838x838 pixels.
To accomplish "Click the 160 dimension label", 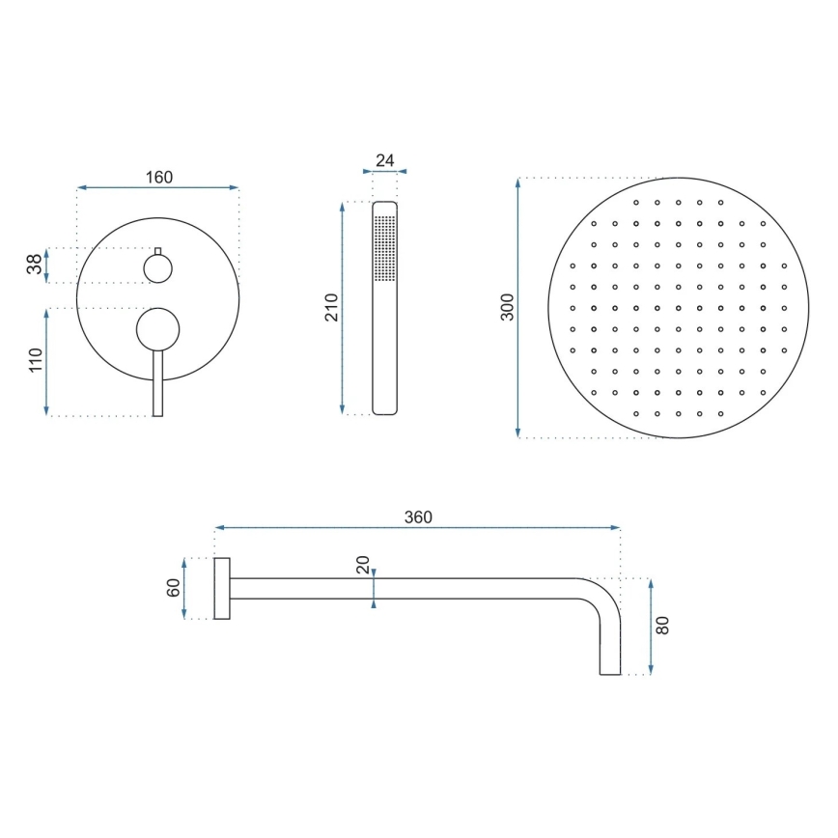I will pyautogui.click(x=158, y=177).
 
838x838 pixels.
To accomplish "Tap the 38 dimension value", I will pyautogui.click(x=35, y=265).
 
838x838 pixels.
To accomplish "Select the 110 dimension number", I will pyautogui.click(x=35, y=361).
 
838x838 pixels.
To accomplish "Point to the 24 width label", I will pyautogui.click(x=384, y=160).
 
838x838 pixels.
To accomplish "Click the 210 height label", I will pyautogui.click(x=332, y=307).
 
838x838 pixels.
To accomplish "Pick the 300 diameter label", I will pyautogui.click(x=508, y=307).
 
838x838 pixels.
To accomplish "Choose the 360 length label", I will pyautogui.click(x=417, y=517).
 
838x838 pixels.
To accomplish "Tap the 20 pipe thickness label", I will pyautogui.click(x=363, y=565).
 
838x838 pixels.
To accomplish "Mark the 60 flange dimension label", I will pyautogui.click(x=174, y=587).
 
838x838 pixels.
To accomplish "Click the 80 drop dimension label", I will pyautogui.click(x=662, y=625).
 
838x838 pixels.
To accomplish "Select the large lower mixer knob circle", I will pyautogui.click(x=157, y=328).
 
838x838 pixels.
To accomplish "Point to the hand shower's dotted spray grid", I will pyautogui.click(x=384, y=248).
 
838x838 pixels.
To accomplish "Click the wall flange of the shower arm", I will pyautogui.click(x=221, y=588).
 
